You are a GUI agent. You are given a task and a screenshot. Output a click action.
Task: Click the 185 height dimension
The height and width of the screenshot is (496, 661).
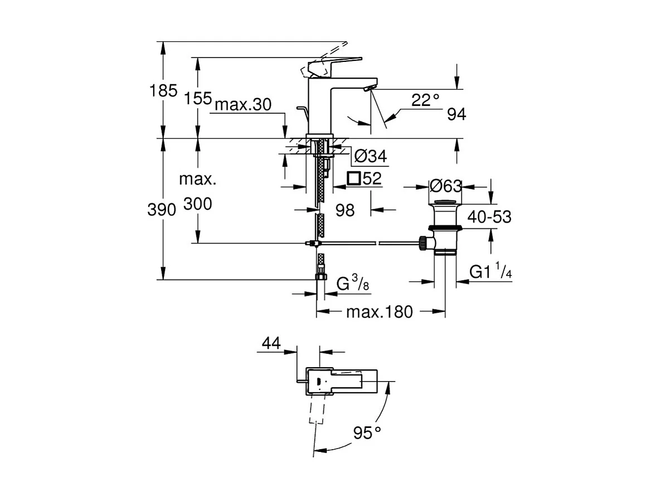[163, 91]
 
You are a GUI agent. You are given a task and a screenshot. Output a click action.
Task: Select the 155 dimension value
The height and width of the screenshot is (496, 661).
[199, 99]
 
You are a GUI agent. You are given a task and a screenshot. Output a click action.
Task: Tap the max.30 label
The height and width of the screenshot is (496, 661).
[243, 105]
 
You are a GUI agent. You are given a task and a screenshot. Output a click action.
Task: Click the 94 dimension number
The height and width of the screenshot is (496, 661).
[456, 115]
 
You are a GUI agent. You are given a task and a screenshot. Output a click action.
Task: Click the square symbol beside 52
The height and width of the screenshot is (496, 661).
[353, 179]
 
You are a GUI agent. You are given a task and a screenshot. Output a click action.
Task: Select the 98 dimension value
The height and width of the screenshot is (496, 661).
[346, 210]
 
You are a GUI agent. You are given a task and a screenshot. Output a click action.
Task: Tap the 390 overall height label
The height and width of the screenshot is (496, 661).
[162, 210]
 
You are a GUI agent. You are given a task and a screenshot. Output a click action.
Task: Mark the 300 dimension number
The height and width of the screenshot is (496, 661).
[198, 205]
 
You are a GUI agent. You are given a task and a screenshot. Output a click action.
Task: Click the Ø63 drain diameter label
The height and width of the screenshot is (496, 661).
[445, 186]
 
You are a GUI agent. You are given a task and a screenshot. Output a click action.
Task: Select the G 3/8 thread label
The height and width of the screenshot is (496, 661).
[352, 285]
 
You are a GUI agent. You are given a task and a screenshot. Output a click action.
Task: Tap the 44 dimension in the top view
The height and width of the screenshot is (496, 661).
[271, 344]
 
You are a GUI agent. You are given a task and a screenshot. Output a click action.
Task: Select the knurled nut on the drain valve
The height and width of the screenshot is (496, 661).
[423, 243]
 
